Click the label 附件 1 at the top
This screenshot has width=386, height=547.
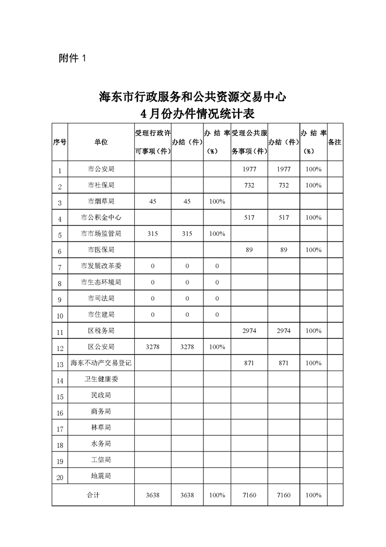click(72, 58)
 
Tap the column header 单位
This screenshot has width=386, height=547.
click(101, 142)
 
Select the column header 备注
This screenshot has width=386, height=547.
click(335, 142)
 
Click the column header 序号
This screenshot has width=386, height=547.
click(60, 142)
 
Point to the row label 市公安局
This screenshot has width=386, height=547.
click(101, 169)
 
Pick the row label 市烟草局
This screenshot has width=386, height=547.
click(101, 201)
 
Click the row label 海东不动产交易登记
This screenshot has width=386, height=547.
click(101, 363)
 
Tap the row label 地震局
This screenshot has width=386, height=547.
click(101, 475)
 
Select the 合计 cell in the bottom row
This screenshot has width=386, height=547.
click(93, 495)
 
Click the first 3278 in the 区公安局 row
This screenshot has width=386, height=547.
click(153, 347)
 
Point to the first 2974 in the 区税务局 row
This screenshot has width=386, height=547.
click(249, 331)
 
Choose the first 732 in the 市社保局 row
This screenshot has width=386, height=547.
click(249, 185)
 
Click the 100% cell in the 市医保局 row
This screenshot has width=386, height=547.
click(313, 250)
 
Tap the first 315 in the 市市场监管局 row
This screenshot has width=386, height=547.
click(153, 234)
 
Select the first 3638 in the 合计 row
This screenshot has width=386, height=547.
click(153, 495)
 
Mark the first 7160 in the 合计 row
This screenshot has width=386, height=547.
click(249, 495)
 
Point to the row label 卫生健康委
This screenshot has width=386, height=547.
click(101, 379)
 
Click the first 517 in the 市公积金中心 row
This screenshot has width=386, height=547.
click(249, 217)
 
